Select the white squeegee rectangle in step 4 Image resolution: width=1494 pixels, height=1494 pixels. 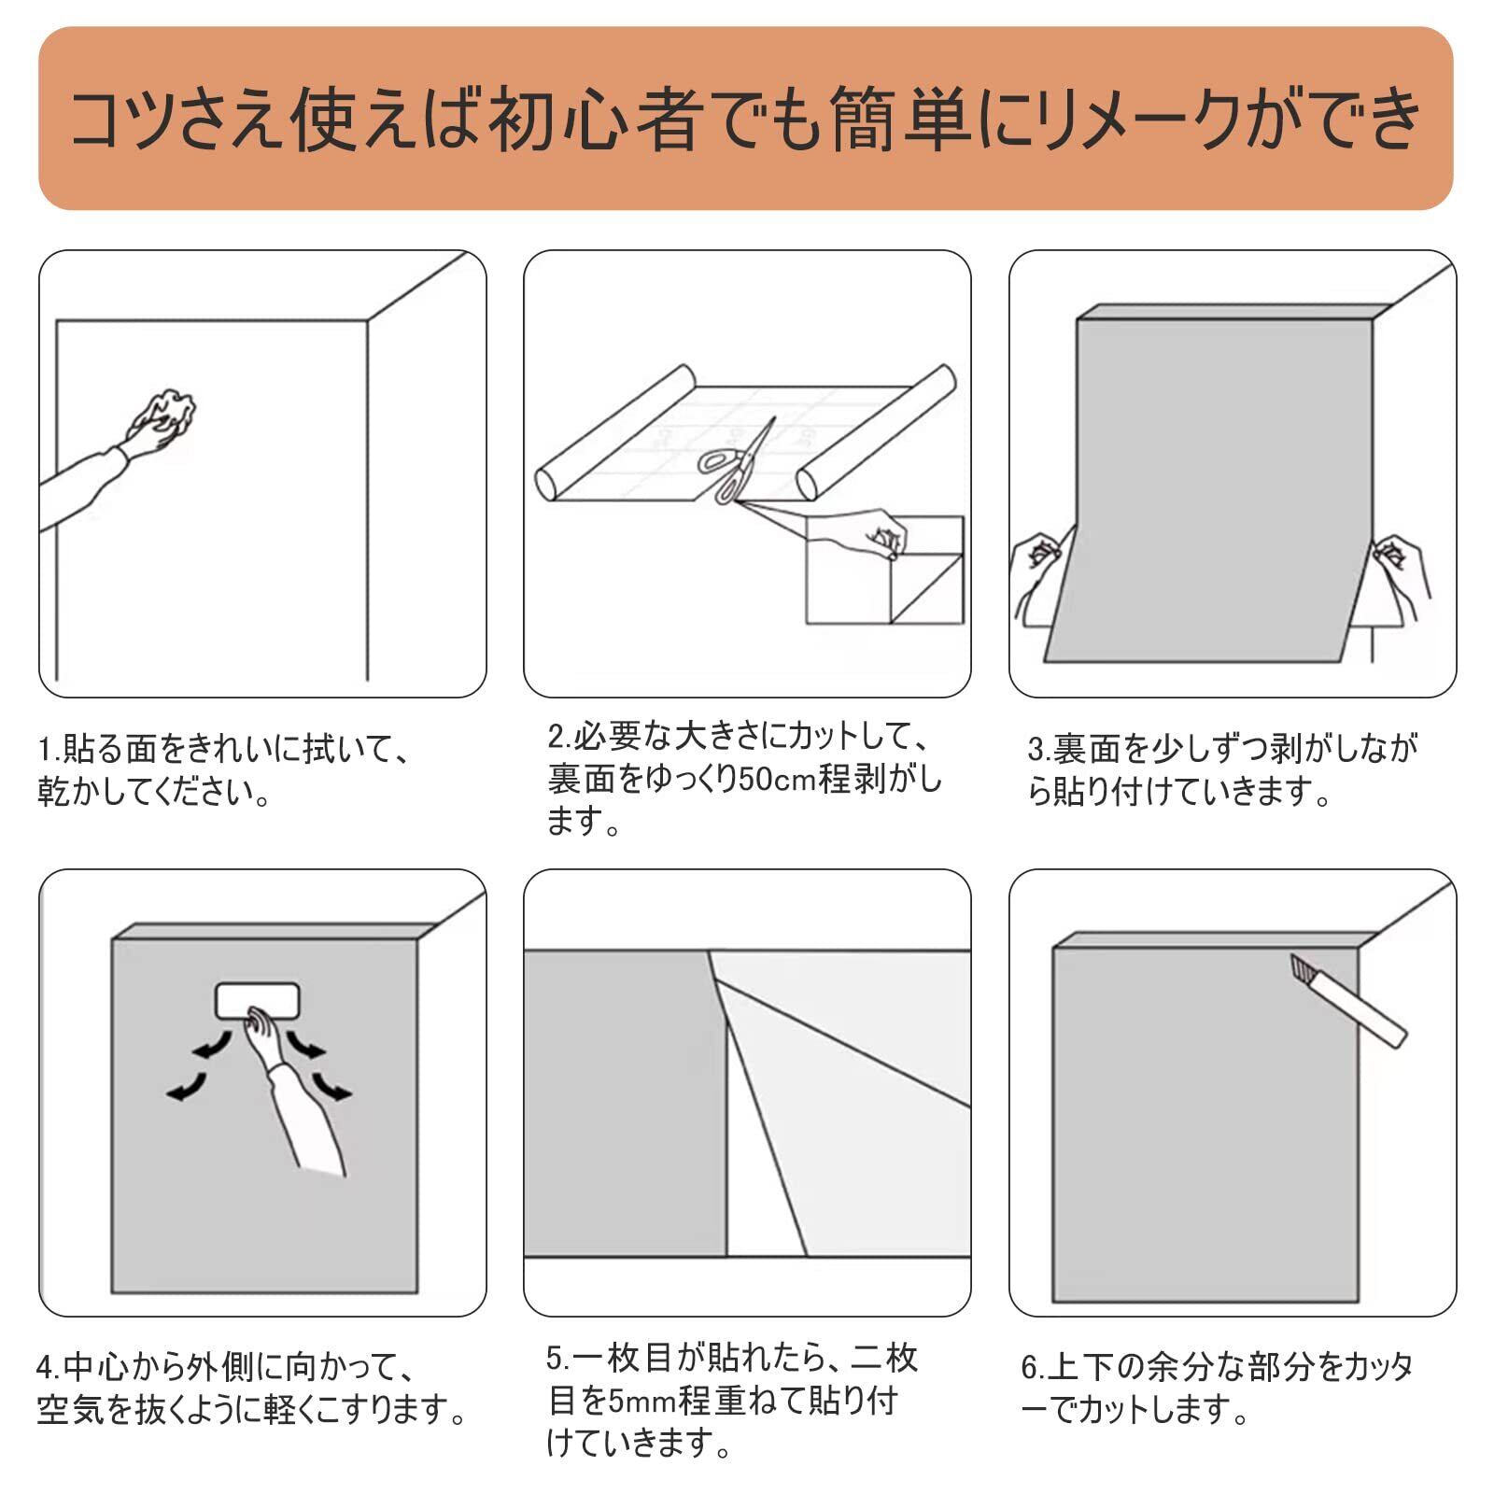click(258, 1001)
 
